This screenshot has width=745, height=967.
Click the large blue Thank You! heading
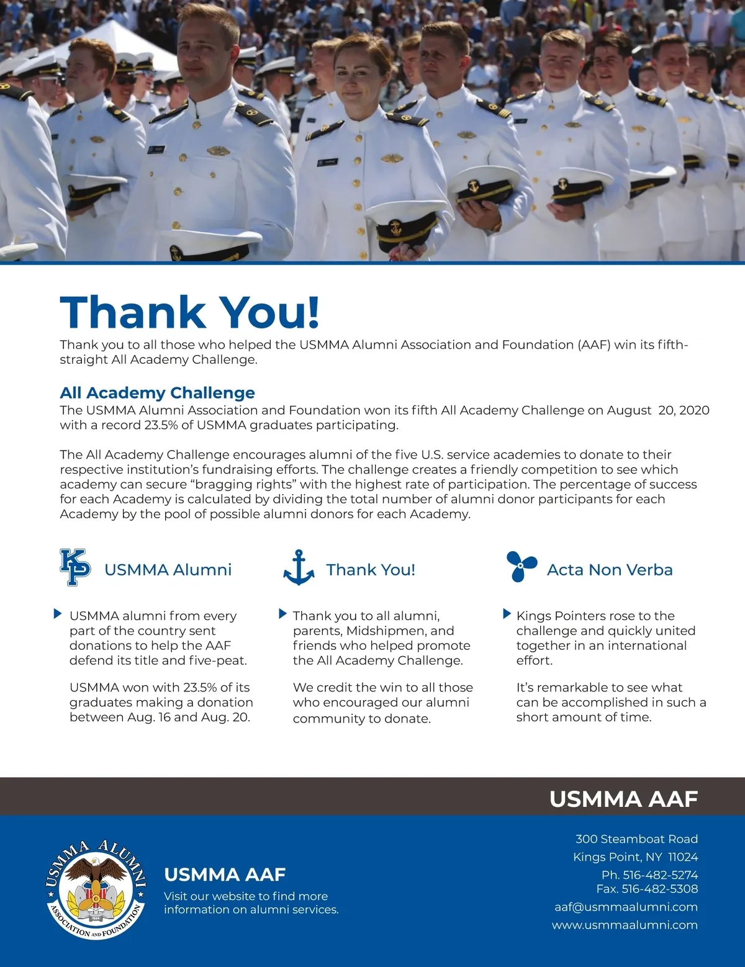(189, 312)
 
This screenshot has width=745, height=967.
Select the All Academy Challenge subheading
(157, 393)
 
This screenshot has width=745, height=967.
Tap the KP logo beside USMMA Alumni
(75, 567)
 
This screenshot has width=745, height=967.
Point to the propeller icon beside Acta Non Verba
(520, 566)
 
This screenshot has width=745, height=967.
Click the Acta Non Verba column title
(610, 570)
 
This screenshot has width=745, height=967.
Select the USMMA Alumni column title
(168, 570)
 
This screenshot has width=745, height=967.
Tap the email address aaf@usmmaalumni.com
(626, 907)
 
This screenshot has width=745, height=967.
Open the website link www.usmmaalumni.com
(625, 925)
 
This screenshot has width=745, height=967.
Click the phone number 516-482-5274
(660, 875)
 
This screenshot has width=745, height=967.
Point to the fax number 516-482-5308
(660, 889)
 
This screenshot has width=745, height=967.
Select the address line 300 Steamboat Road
(636, 839)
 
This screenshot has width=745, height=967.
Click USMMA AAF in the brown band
(623, 799)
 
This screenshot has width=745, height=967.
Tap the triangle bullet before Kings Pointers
(507, 614)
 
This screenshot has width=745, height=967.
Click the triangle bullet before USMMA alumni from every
(58, 614)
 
